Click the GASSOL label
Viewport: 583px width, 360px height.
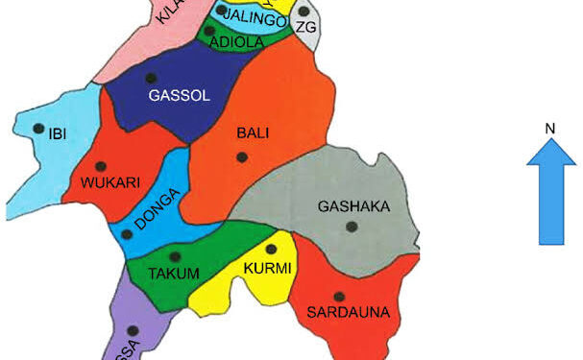[179, 95]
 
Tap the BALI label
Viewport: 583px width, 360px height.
[248, 133]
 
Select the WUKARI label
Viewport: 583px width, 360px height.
[111, 182]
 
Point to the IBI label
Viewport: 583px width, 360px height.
[57, 133]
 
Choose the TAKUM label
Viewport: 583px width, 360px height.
[174, 275]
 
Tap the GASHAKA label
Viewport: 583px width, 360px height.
[351, 206]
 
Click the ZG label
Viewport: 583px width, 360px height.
[306, 27]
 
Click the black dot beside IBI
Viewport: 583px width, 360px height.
[38, 129]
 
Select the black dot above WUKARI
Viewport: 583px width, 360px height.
[101, 166]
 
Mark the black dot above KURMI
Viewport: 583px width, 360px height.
[271, 250]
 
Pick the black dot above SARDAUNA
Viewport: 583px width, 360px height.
[338, 297]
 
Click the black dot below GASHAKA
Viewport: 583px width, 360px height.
[352, 227]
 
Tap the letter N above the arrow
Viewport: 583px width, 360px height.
[550, 129]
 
